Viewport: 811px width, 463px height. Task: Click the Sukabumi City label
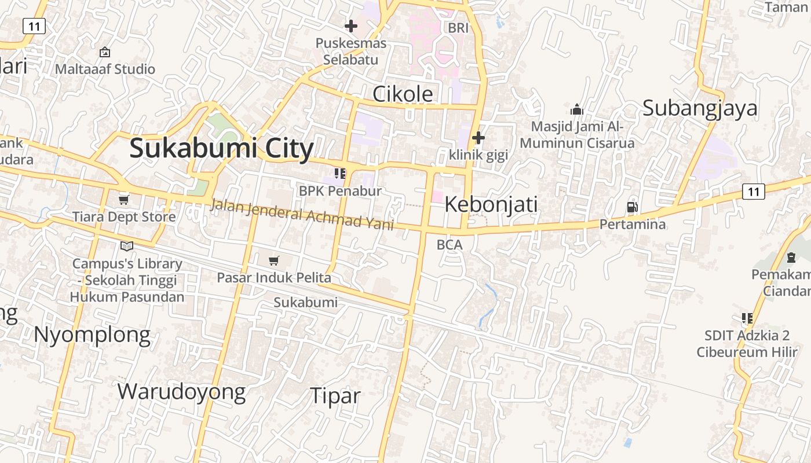pyautogui.click(x=221, y=148)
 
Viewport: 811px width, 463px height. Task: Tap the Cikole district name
pyautogui.click(x=403, y=94)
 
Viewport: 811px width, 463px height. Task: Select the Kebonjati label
pyautogui.click(x=491, y=204)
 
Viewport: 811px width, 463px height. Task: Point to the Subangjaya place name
pyautogui.click(x=700, y=108)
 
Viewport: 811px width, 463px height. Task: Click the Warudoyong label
pyautogui.click(x=181, y=392)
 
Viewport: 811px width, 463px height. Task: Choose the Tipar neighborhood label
pyautogui.click(x=335, y=396)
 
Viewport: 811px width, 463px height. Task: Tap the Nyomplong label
pyautogui.click(x=92, y=335)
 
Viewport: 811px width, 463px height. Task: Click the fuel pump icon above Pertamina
pyautogui.click(x=632, y=207)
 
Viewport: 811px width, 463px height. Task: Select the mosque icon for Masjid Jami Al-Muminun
pyautogui.click(x=576, y=109)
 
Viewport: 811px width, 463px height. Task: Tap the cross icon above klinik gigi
pyautogui.click(x=478, y=138)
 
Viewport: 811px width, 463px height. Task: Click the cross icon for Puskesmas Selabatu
pyautogui.click(x=351, y=26)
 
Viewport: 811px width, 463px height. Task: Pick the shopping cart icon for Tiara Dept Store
pyautogui.click(x=123, y=200)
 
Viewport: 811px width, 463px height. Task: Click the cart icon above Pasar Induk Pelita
pyautogui.click(x=274, y=261)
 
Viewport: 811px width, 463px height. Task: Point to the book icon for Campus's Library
pyautogui.click(x=127, y=246)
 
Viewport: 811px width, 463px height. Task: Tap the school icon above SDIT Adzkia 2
pyautogui.click(x=747, y=318)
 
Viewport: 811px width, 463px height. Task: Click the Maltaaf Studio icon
pyautogui.click(x=105, y=52)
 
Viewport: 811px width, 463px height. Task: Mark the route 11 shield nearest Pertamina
pyautogui.click(x=753, y=192)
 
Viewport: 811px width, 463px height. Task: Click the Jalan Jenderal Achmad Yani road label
pyautogui.click(x=302, y=215)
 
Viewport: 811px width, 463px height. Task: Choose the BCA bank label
pyautogui.click(x=450, y=245)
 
